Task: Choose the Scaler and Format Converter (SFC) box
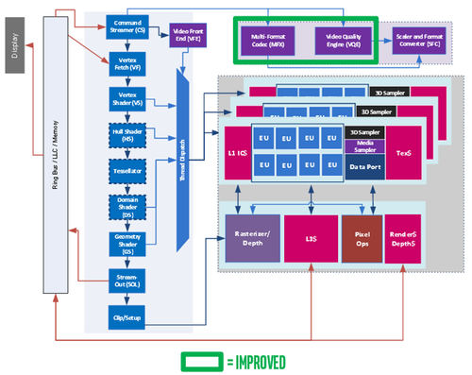coord(421,40)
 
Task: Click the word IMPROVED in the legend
coord(254,362)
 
